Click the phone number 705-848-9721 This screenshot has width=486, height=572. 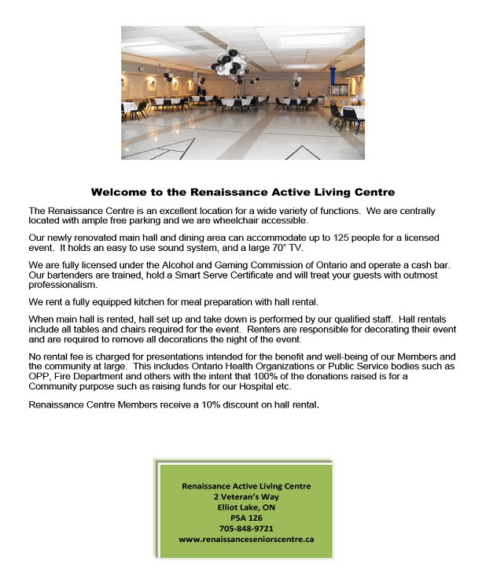click(x=245, y=529)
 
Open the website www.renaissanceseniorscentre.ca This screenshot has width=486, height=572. click(x=245, y=540)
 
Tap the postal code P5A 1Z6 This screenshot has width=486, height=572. click(x=245, y=518)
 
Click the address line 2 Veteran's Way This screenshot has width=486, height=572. click(x=245, y=497)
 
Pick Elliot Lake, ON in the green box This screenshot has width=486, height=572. click(x=245, y=507)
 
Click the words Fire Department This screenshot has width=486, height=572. click(x=87, y=378)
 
